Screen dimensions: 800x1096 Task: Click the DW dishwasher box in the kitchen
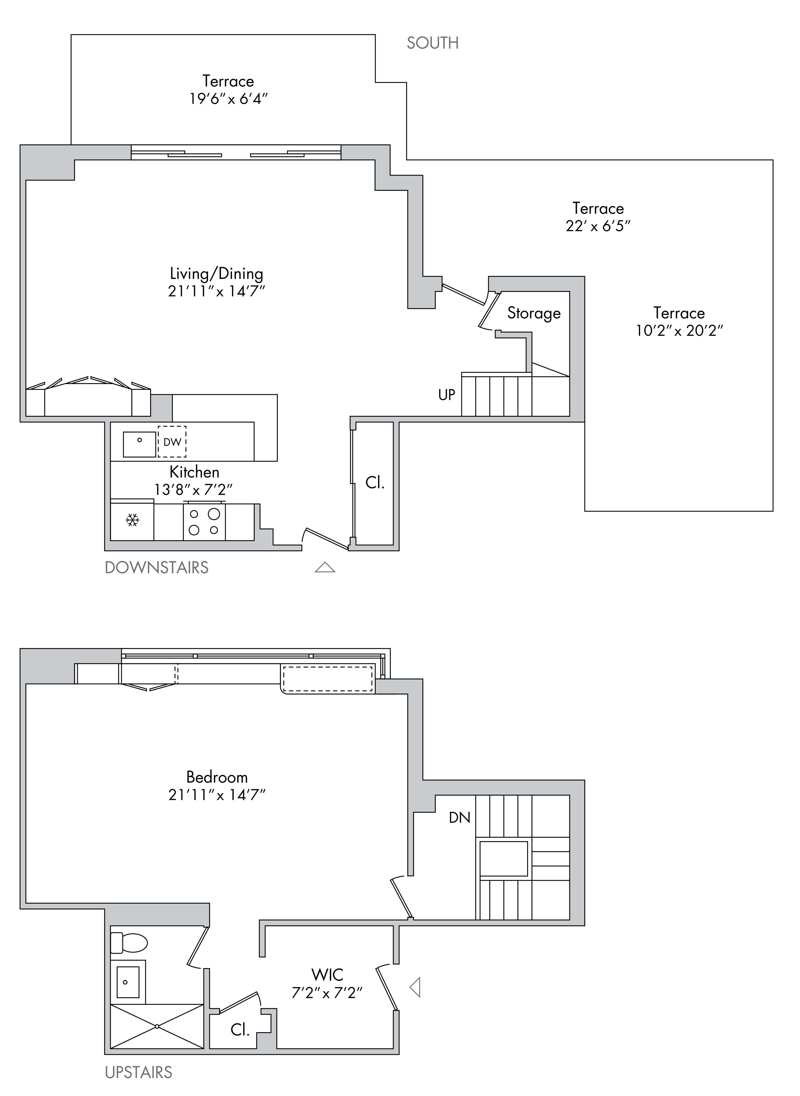(x=172, y=442)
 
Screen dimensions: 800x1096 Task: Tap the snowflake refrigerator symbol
(x=132, y=520)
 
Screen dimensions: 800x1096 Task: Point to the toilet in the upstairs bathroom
(x=129, y=943)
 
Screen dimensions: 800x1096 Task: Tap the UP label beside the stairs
(x=447, y=395)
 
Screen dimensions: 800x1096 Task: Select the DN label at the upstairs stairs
(x=459, y=818)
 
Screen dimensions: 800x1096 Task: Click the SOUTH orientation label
(x=432, y=43)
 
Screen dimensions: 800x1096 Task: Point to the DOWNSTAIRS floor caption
(x=156, y=567)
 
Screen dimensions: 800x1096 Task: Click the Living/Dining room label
(x=216, y=274)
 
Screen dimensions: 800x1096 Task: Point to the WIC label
(x=327, y=975)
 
